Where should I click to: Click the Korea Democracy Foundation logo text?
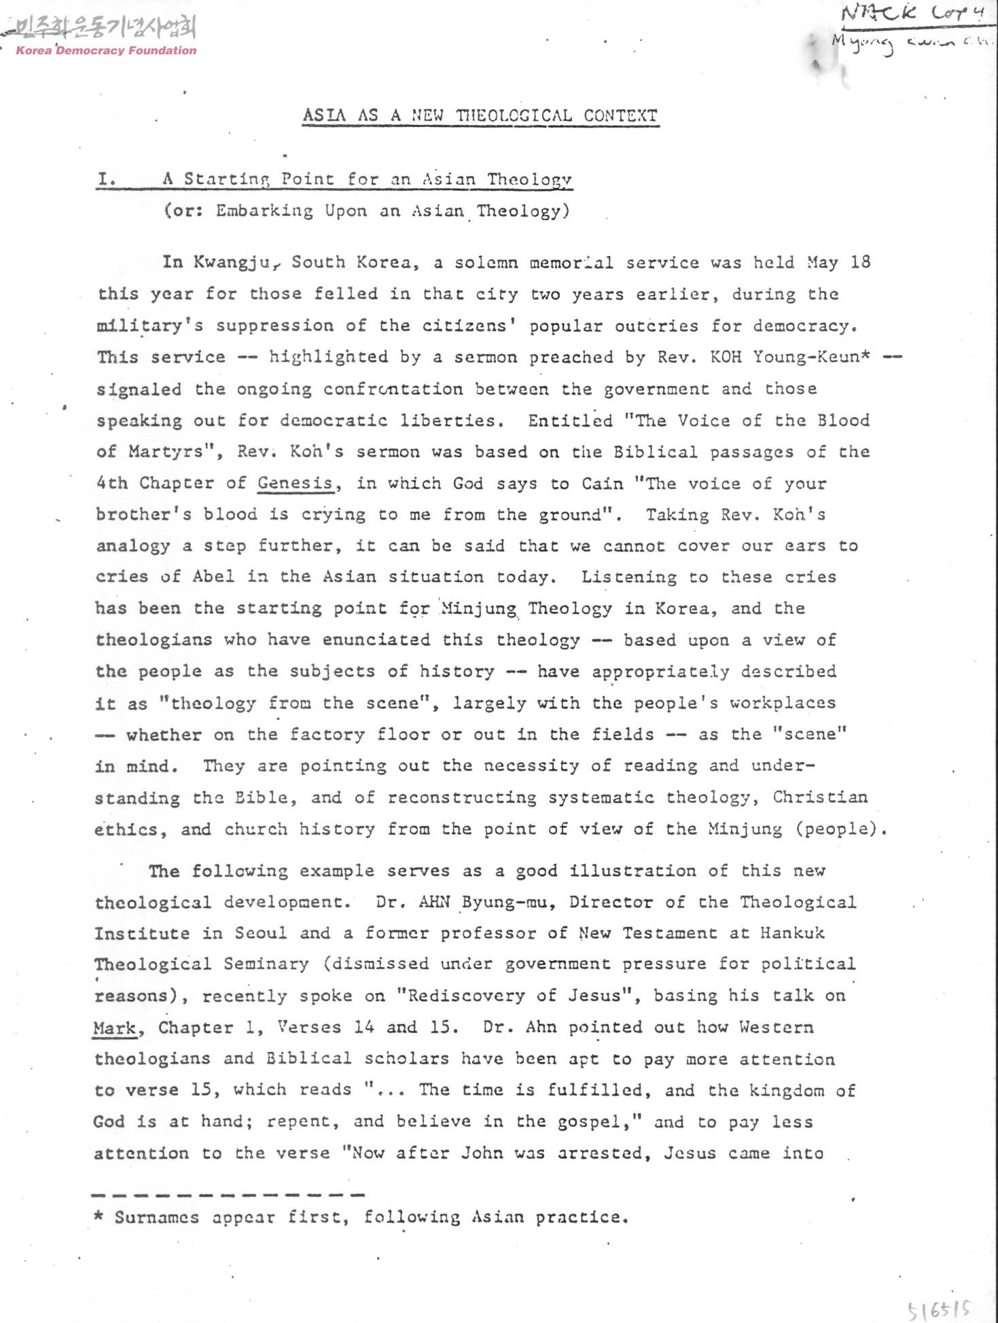tap(106, 50)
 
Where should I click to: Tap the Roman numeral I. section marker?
tap(107, 179)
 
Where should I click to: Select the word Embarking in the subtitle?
tap(264, 211)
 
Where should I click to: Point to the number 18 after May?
tap(859, 262)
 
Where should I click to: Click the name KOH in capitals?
tap(726, 357)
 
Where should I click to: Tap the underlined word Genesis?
tap(296, 484)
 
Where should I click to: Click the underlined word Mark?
tap(115, 1028)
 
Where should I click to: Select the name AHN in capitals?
tap(435, 902)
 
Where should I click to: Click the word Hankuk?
tap(792, 933)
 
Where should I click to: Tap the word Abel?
tap(213, 577)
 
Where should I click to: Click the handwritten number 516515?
tap(940, 1307)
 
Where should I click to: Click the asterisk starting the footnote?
tap(99, 1216)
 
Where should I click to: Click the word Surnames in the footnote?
tap(156, 1217)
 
